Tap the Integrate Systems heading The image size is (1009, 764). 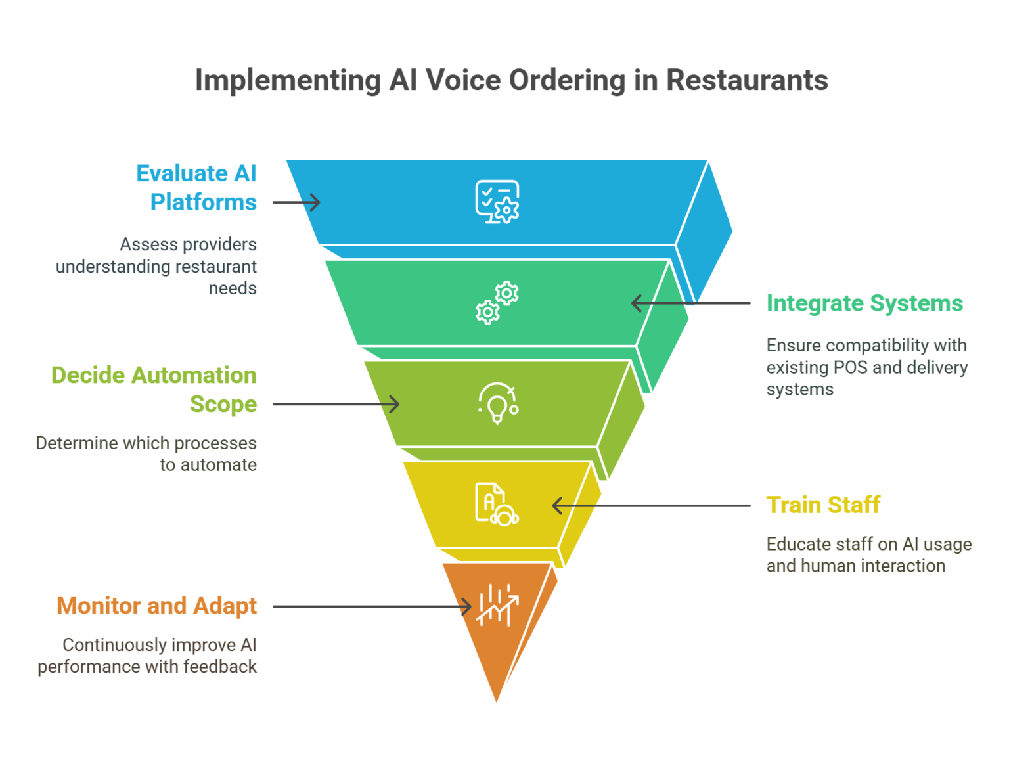[864, 303]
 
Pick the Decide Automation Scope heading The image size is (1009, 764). [154, 389]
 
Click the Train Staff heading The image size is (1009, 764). [822, 505]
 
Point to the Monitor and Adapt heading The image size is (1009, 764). [156, 606]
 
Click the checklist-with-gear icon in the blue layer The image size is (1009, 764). [497, 202]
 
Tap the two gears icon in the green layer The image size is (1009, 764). [497, 303]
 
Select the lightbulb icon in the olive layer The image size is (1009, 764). [497, 403]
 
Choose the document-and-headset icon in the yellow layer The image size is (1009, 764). [497, 504]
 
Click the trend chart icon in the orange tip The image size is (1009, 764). [497, 605]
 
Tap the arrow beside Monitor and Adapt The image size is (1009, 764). [372, 606]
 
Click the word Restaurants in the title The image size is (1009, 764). [746, 81]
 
